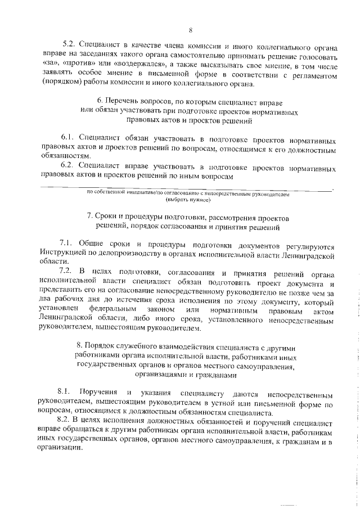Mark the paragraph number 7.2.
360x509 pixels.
[x=67, y=274]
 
